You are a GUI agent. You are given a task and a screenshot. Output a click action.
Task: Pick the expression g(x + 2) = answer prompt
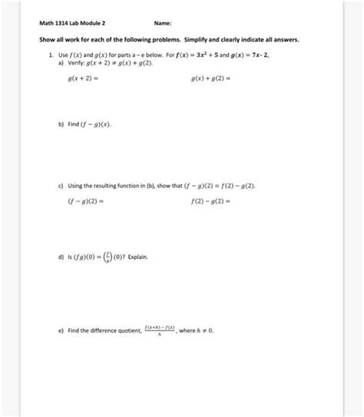82,78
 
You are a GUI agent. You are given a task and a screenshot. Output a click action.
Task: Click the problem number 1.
49,55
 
